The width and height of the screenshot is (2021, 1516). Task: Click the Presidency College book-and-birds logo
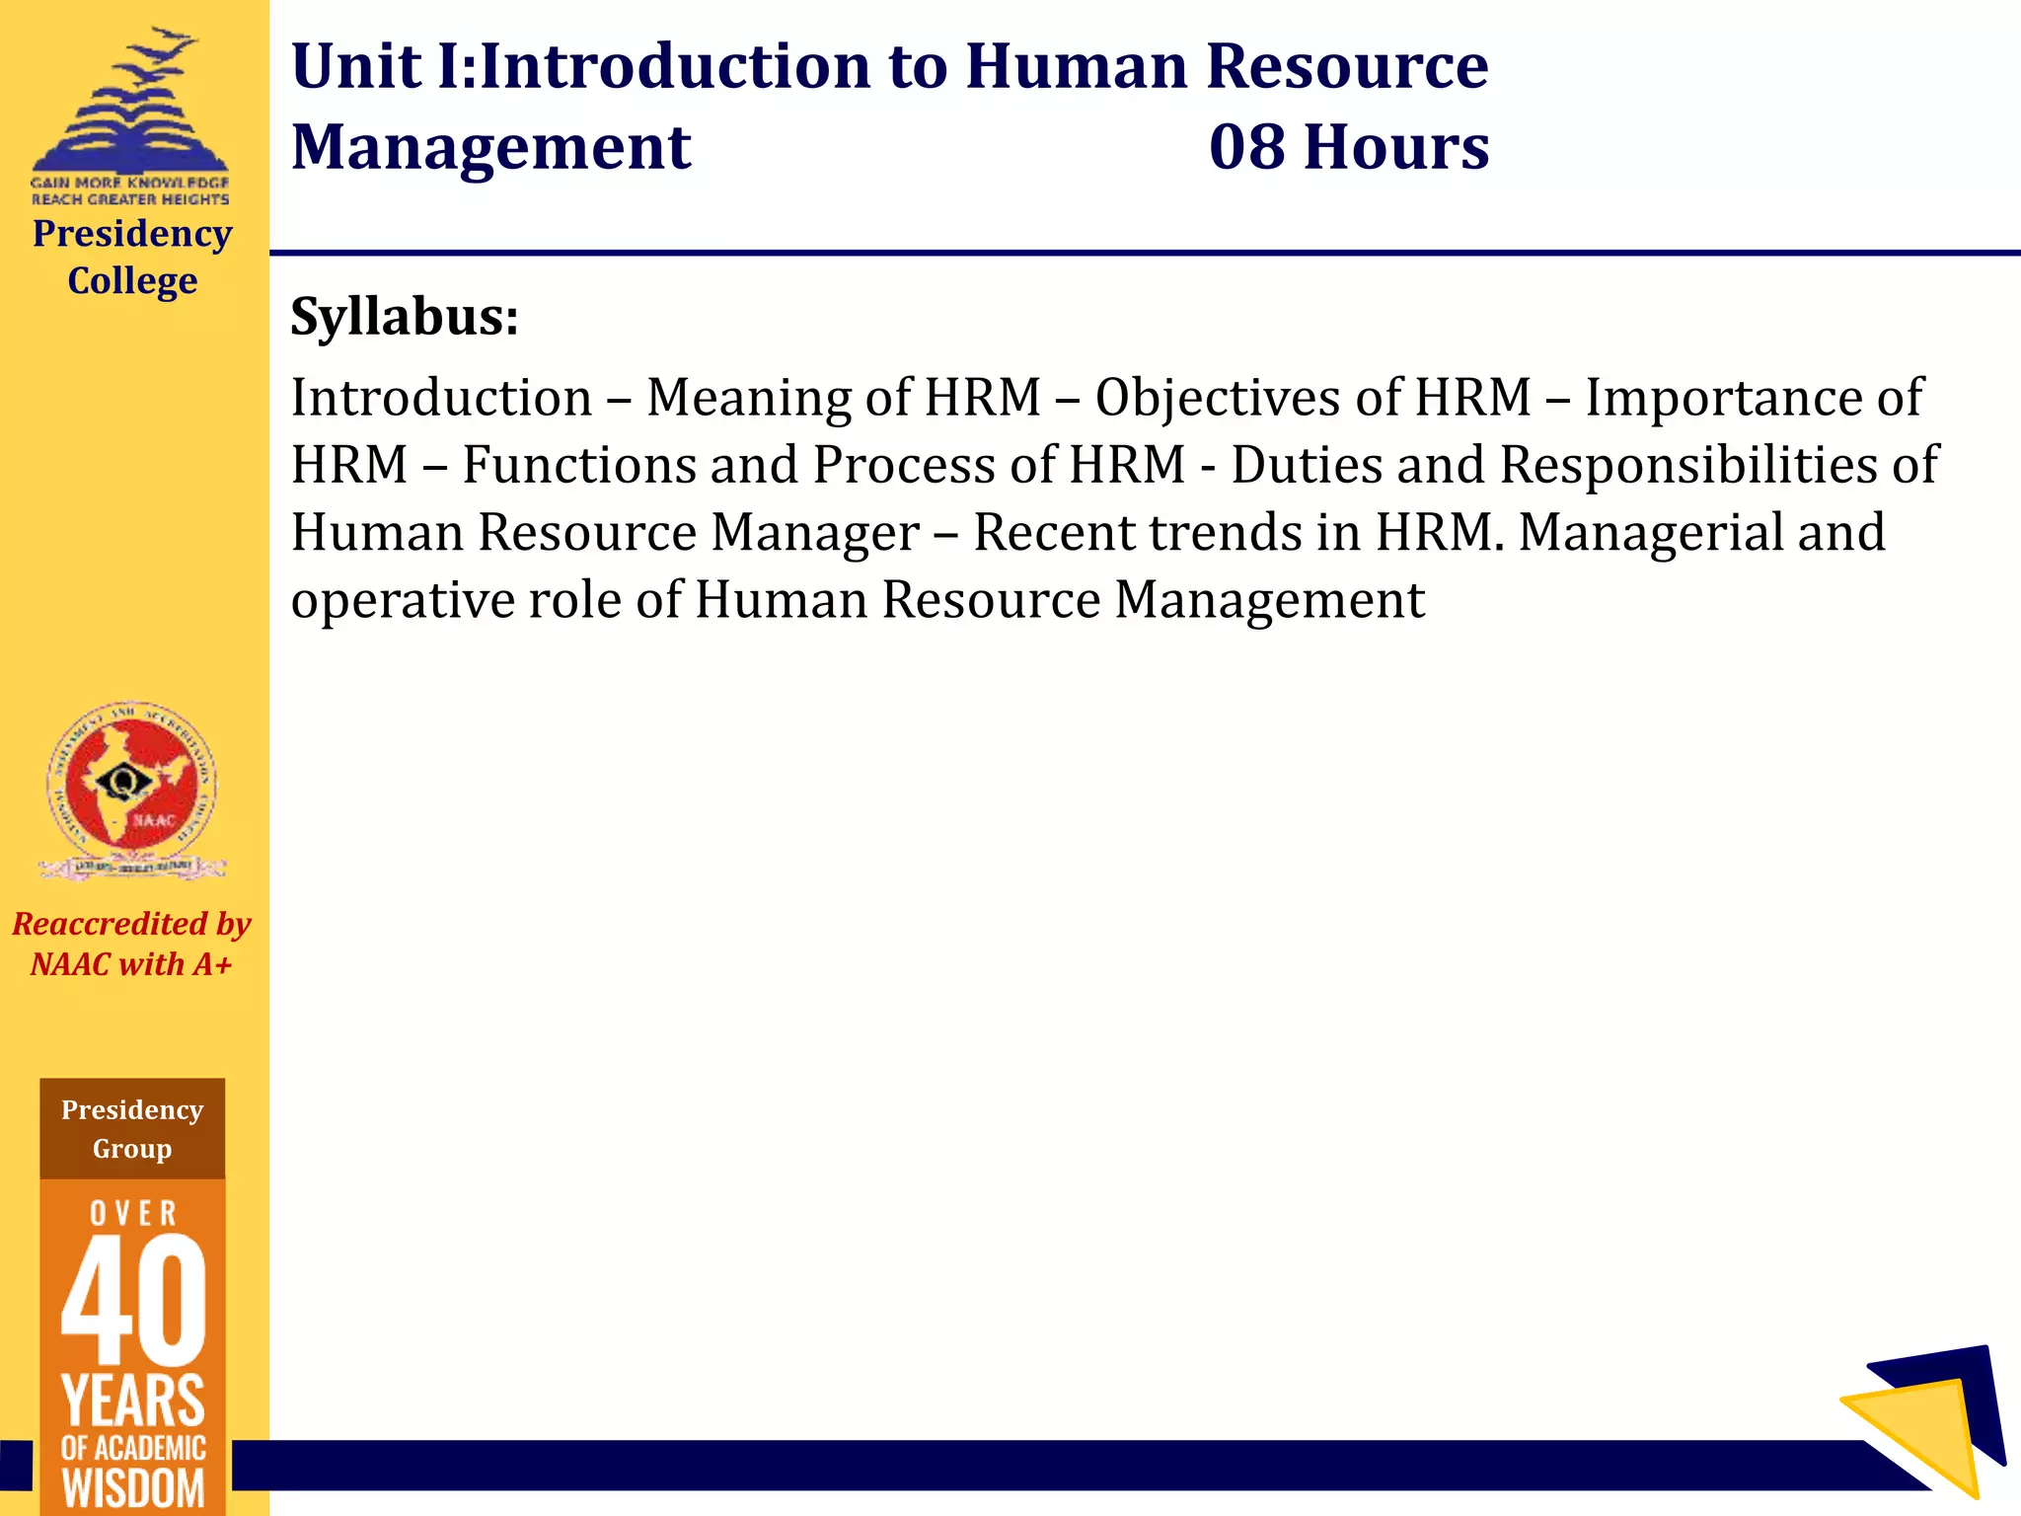point(130,109)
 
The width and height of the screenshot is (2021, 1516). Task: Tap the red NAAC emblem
point(132,785)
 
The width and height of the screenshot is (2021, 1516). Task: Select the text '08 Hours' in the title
point(1349,148)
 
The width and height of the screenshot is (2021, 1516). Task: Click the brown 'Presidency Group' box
point(132,1129)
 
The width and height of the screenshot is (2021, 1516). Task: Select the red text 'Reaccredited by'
point(132,924)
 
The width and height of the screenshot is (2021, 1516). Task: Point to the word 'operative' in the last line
point(403,600)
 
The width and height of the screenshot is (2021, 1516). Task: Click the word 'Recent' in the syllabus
point(1052,533)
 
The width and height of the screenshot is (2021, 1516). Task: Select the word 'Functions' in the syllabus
point(579,465)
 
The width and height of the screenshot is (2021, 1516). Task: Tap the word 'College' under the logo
point(132,281)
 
